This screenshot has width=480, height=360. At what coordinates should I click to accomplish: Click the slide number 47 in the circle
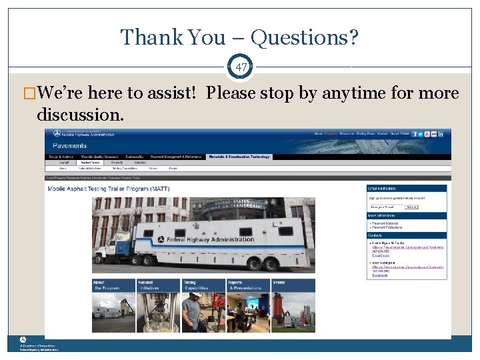click(x=240, y=67)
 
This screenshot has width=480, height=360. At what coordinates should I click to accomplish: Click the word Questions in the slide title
click(x=309, y=37)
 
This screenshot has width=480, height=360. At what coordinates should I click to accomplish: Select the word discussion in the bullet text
click(x=80, y=114)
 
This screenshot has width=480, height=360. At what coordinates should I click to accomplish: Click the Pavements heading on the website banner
click(x=70, y=145)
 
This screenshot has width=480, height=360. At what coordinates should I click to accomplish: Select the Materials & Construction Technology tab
click(x=239, y=157)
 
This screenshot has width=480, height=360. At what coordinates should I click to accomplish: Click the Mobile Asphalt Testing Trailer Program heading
click(x=108, y=189)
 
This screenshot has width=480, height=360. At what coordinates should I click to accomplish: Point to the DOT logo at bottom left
click(x=23, y=339)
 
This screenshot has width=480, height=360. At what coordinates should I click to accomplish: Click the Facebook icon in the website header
click(x=415, y=134)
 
